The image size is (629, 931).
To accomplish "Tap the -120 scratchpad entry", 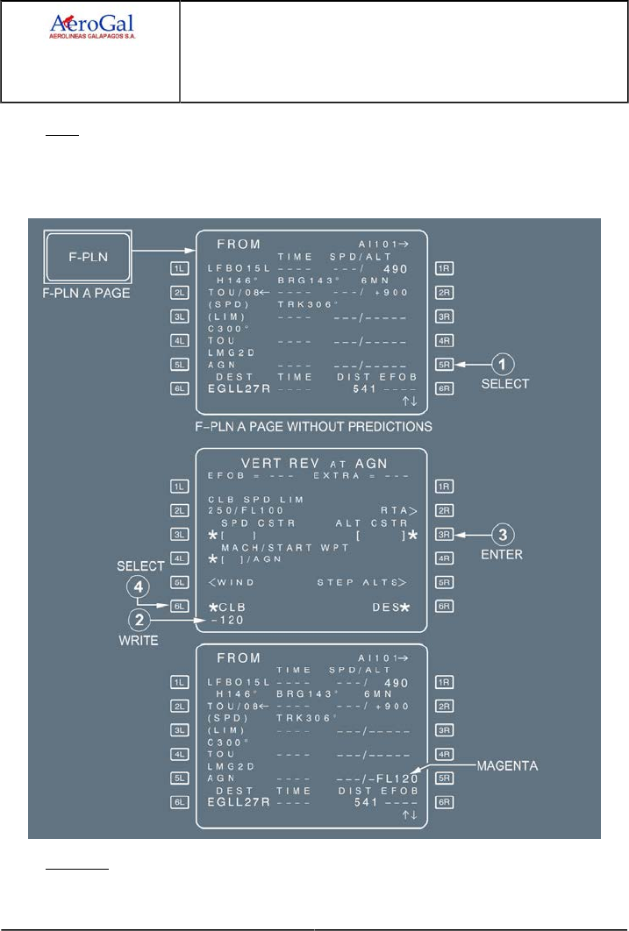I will click(x=225, y=619).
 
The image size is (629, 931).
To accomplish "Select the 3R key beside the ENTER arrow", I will click(x=444, y=533).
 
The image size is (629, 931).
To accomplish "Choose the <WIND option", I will click(x=232, y=581).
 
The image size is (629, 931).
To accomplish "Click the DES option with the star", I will click(x=390, y=605).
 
